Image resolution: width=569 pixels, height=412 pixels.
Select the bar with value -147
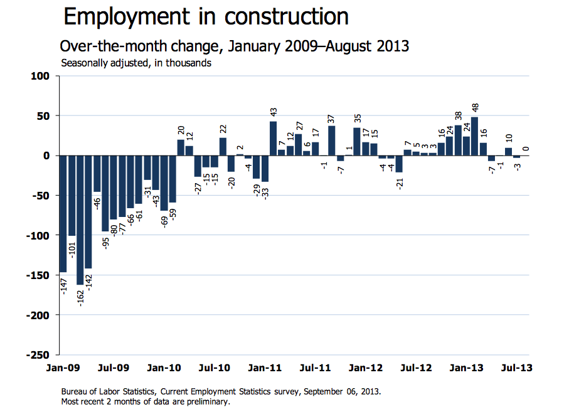coord(63,214)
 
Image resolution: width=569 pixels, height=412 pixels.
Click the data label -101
coord(72,250)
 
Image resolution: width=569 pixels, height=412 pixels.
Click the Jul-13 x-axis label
coord(519,368)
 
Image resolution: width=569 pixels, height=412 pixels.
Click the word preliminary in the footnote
coord(209,402)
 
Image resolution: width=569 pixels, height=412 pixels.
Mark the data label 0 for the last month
coord(526,149)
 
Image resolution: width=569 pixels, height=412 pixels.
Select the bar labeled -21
coord(399,164)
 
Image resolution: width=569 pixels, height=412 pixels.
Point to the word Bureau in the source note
coord(75,391)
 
